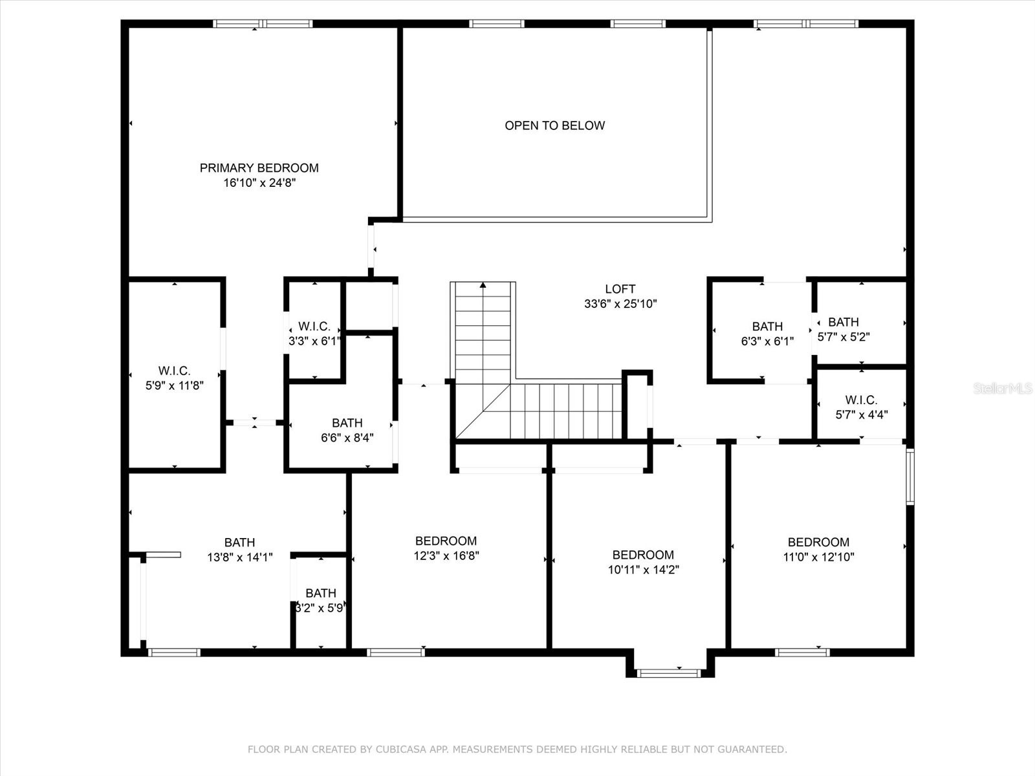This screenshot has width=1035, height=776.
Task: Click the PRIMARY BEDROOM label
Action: click(259, 168)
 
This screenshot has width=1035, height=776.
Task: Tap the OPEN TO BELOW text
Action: click(554, 125)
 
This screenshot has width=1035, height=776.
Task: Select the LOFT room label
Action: click(620, 289)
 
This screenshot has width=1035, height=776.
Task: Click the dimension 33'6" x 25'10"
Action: click(620, 304)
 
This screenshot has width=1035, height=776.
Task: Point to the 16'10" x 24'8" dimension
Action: click(259, 183)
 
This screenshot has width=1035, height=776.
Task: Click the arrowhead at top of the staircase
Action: click(483, 285)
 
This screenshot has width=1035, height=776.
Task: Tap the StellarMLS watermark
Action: click(1003, 389)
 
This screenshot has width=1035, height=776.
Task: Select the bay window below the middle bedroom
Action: click(669, 673)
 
